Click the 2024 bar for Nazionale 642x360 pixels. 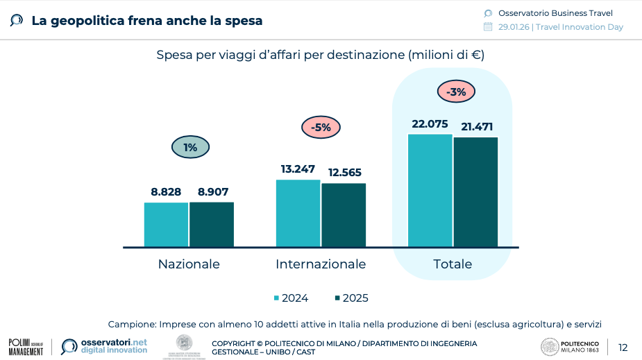[166, 224]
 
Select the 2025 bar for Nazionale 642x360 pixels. [212, 224]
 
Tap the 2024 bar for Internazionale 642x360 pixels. [298, 213]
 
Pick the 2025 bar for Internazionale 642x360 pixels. [344, 214]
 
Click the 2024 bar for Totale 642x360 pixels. [430, 190]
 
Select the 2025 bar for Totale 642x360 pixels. [475, 191]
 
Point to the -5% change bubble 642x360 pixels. [321, 128]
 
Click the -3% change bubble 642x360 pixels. [456, 92]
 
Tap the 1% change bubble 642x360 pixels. [190, 147]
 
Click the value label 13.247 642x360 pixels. [298, 169]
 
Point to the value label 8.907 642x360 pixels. [213, 192]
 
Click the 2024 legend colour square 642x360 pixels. [276, 298]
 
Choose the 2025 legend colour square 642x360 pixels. [337, 298]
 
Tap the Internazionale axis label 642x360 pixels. [321, 264]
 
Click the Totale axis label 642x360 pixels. [453, 264]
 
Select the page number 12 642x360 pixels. [623, 348]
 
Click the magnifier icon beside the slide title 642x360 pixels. [16, 20]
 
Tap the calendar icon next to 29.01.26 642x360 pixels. [487, 27]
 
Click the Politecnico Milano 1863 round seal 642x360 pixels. [548, 347]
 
